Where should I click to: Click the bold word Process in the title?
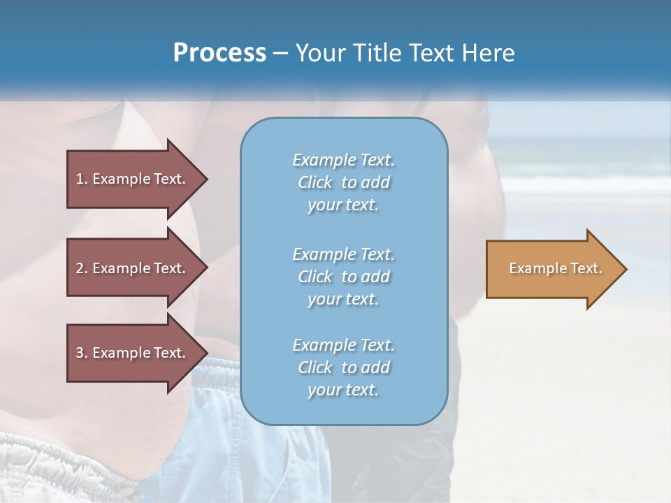pyautogui.click(x=219, y=53)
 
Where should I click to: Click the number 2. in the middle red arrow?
pyautogui.click(x=81, y=268)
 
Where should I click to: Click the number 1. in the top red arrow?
pyautogui.click(x=81, y=179)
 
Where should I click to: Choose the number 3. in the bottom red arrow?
pyautogui.click(x=81, y=353)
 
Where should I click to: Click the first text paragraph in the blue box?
pyautogui.click(x=344, y=182)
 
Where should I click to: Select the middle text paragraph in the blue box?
pyautogui.click(x=344, y=276)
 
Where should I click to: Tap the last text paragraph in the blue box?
pyautogui.click(x=344, y=367)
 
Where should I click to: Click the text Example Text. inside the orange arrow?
pyautogui.click(x=556, y=268)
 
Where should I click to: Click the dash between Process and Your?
pyautogui.click(x=280, y=54)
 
